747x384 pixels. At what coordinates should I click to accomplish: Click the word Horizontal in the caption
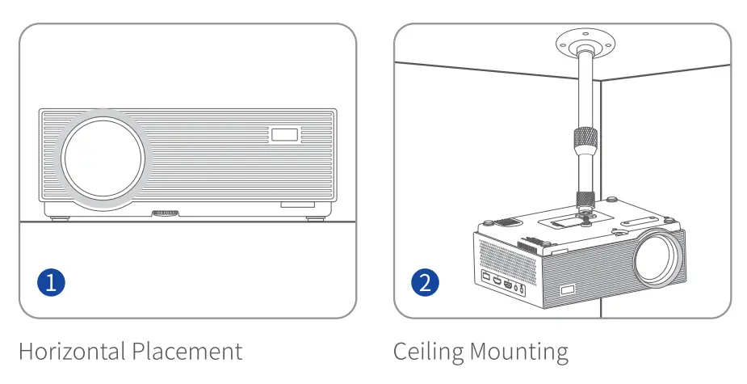(x=72, y=352)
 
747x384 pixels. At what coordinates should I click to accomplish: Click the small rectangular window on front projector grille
(x=283, y=134)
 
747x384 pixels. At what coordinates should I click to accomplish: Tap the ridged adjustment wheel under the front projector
(x=165, y=214)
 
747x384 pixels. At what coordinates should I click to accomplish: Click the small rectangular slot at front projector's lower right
(x=297, y=206)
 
